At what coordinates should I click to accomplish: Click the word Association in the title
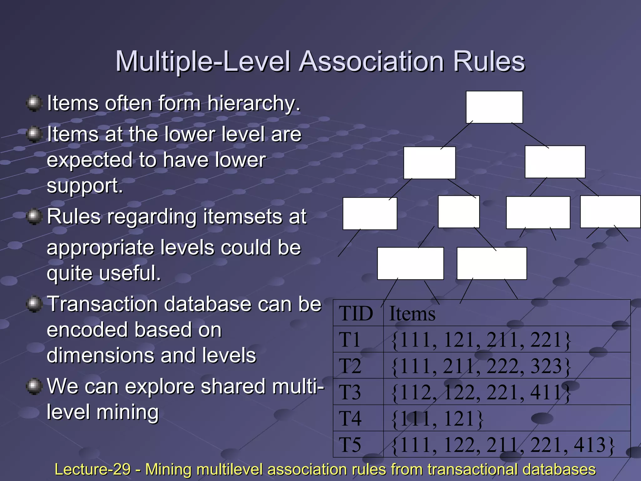(x=372, y=61)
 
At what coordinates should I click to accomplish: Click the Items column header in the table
(x=412, y=313)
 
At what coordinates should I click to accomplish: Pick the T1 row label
(x=350, y=340)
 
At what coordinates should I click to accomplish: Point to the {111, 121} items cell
(x=437, y=419)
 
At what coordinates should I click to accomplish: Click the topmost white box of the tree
(x=494, y=107)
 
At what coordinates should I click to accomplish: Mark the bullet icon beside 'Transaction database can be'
(x=34, y=304)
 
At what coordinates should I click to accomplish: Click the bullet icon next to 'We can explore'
(x=34, y=386)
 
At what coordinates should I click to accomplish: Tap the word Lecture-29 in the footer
(x=92, y=469)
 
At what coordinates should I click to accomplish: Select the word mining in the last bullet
(x=128, y=412)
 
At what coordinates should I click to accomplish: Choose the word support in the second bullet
(x=85, y=186)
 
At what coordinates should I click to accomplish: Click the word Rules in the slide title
(x=489, y=61)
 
